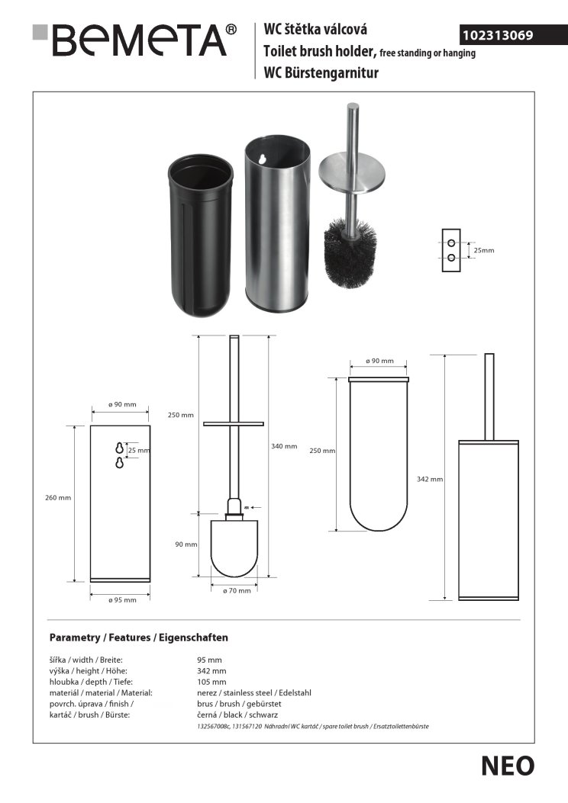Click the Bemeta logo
point(134,40)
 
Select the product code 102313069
point(498,35)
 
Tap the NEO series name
point(508,766)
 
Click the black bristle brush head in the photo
point(350,246)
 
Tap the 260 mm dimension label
point(58,498)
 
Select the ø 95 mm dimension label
point(122,600)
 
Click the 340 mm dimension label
point(284,446)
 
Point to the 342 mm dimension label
point(430,480)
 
